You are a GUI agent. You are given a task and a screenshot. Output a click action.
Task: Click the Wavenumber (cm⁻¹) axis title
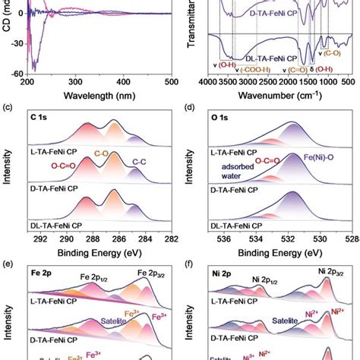pos(280,96)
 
